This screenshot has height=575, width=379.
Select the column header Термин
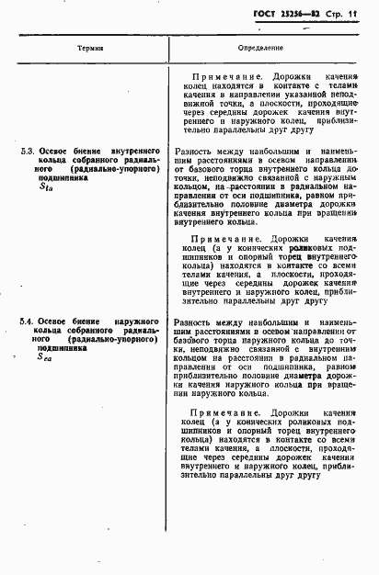pyautogui.click(x=90, y=46)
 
